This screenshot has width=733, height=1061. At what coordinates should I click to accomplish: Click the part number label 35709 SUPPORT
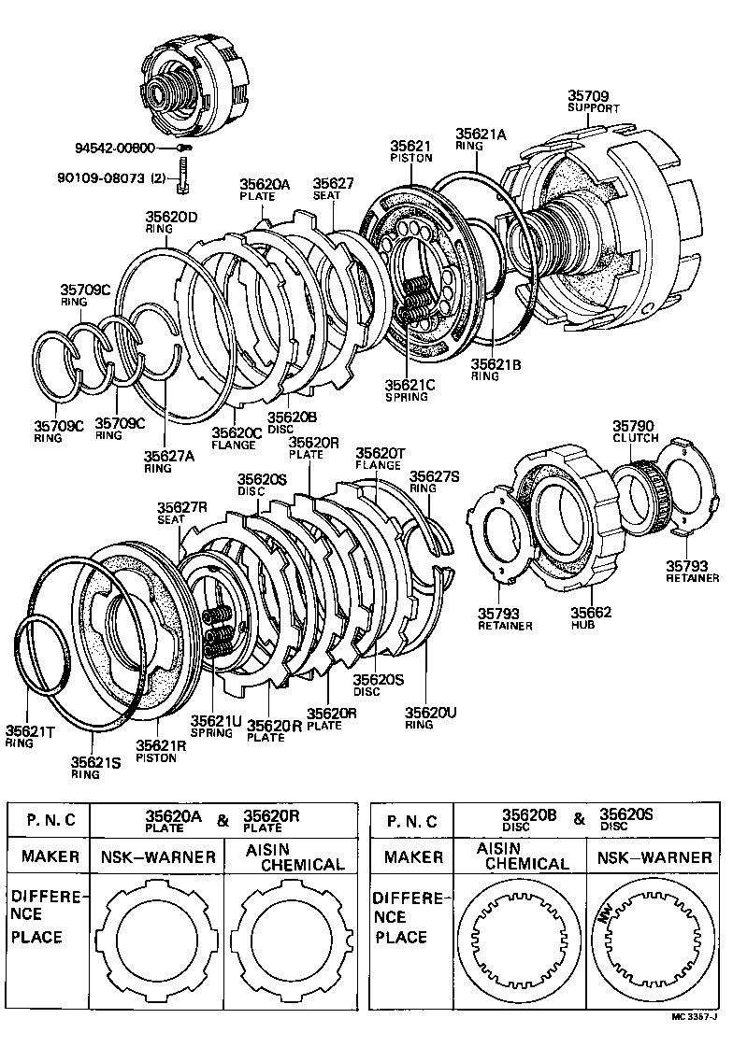coord(594,101)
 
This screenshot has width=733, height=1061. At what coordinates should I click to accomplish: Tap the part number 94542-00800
coord(122,148)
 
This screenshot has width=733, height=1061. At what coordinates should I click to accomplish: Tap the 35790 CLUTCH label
coord(635,431)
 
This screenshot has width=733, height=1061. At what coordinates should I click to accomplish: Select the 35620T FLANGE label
coord(380,458)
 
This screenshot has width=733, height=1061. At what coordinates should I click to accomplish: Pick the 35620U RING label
coord(430,717)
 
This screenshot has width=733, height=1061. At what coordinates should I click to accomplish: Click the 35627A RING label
coord(169,461)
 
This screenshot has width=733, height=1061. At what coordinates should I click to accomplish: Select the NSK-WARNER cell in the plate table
coord(158,856)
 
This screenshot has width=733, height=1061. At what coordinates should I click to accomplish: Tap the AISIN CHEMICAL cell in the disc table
coord(521,856)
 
